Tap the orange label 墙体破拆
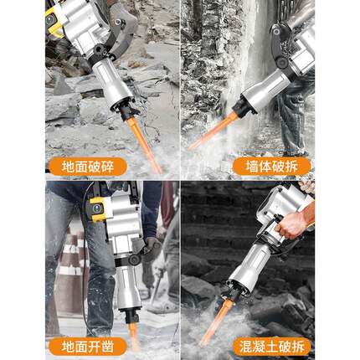point(274,167)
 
